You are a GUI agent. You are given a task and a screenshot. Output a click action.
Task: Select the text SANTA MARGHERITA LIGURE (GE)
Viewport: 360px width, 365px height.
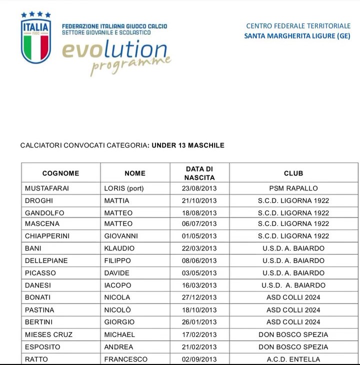point(297,35)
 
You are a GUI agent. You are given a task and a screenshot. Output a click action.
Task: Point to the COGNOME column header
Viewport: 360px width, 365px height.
point(60,173)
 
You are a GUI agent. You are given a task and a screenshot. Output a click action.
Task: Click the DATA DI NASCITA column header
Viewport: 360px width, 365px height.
point(199,173)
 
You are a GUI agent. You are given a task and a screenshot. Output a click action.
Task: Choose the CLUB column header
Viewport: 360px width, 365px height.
point(293,173)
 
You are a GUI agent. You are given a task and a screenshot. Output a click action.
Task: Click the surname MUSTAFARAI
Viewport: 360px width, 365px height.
point(47,188)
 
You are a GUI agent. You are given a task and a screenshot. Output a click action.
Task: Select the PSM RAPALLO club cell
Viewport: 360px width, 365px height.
point(293,188)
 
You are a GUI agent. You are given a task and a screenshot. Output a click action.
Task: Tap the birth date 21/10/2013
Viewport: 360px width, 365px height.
point(199,200)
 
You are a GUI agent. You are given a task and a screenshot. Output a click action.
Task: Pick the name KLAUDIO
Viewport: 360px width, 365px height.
point(119,248)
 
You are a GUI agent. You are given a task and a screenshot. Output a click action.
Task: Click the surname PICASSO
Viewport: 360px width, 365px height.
point(40,273)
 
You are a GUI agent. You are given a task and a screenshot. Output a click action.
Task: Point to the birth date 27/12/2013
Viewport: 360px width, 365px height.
point(199,297)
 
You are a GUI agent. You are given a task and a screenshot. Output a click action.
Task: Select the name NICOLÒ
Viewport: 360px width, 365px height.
point(117,309)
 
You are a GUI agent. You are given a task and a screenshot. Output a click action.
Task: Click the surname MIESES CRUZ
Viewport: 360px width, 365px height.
point(48,334)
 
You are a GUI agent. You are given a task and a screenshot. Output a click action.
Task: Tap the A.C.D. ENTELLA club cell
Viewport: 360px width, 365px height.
point(293,359)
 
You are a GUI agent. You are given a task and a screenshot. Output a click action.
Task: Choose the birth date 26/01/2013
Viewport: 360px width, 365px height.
point(199,322)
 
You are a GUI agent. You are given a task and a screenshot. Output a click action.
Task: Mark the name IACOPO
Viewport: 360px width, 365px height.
point(117,285)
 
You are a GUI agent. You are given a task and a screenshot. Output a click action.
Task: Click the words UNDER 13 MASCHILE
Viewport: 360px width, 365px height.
point(188,145)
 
